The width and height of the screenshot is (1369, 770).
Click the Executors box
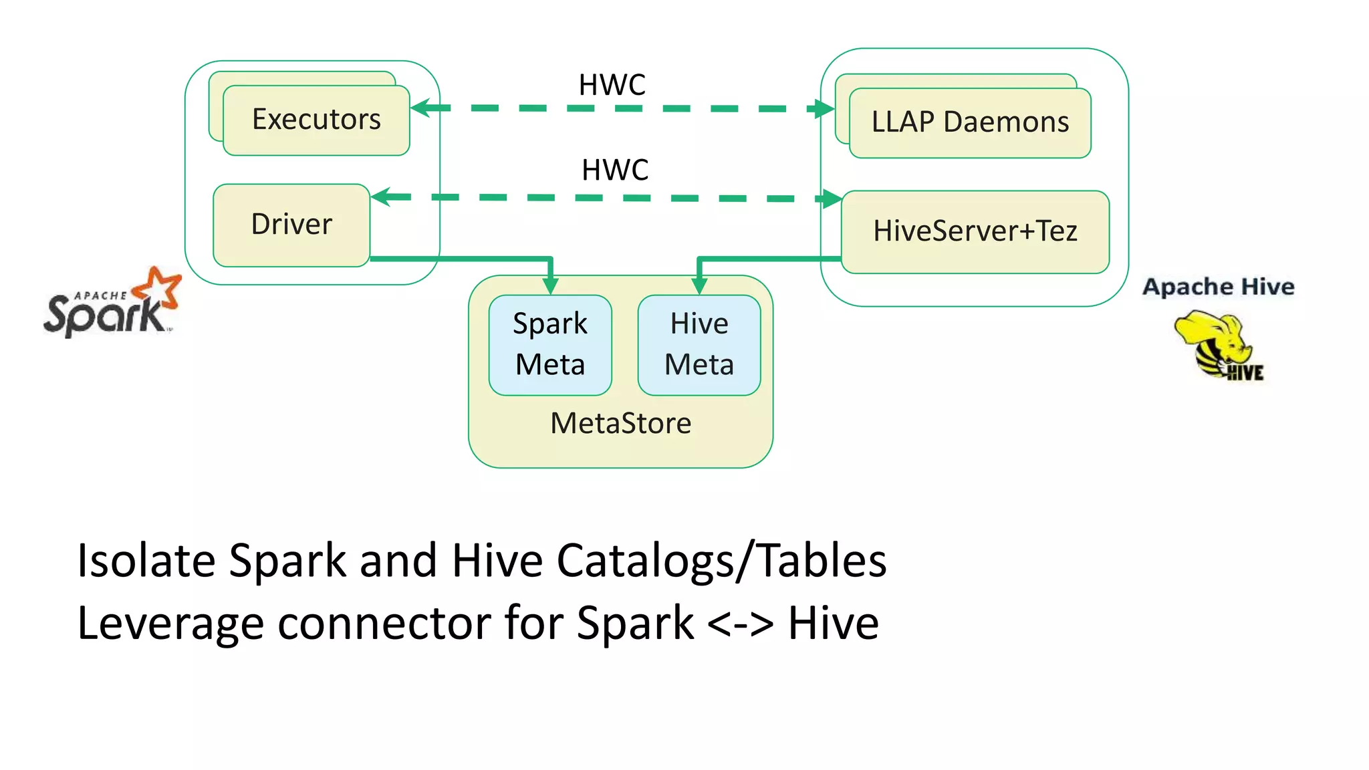pos(316,120)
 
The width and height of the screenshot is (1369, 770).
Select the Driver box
pos(291,225)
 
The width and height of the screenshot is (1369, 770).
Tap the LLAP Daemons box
pos(970,122)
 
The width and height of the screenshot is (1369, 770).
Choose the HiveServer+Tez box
pos(975,231)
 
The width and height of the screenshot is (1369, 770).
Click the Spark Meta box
pos(550,345)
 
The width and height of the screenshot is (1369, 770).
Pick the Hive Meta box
pos(699,345)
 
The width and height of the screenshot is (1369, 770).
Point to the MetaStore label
pos(620,423)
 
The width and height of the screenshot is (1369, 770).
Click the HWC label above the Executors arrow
pos(612,85)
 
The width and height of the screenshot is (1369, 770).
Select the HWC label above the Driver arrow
pos(615,170)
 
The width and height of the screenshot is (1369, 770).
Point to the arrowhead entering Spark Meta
pos(550,286)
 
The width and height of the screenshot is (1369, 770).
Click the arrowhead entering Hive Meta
pos(699,286)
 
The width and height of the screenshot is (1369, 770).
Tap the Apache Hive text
pos(1218,287)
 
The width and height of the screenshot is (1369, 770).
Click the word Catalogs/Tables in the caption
pos(721,560)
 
